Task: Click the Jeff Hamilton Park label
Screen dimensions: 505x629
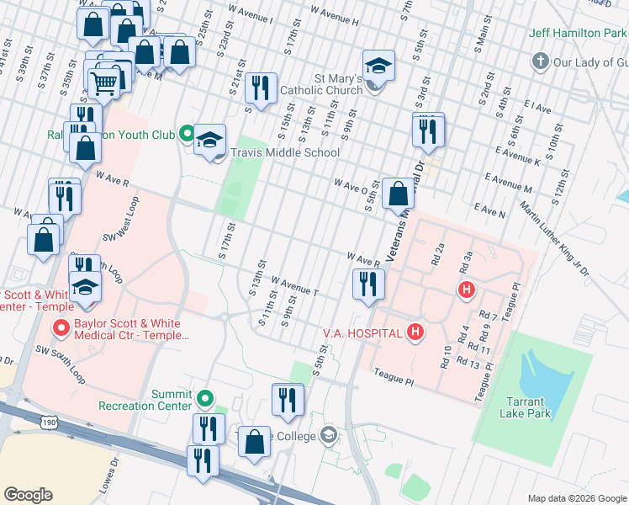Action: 579,34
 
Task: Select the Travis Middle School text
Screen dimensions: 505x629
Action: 285,152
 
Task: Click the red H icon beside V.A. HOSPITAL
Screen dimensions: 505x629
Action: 415,333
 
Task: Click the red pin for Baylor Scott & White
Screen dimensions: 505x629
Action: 61,327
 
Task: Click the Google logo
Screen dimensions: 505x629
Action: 28,494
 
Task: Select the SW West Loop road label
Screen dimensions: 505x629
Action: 122,225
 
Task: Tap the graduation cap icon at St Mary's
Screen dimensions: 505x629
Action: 378,66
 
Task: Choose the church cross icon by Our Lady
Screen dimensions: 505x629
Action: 540,62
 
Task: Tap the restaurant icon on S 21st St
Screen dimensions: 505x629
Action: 262,88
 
